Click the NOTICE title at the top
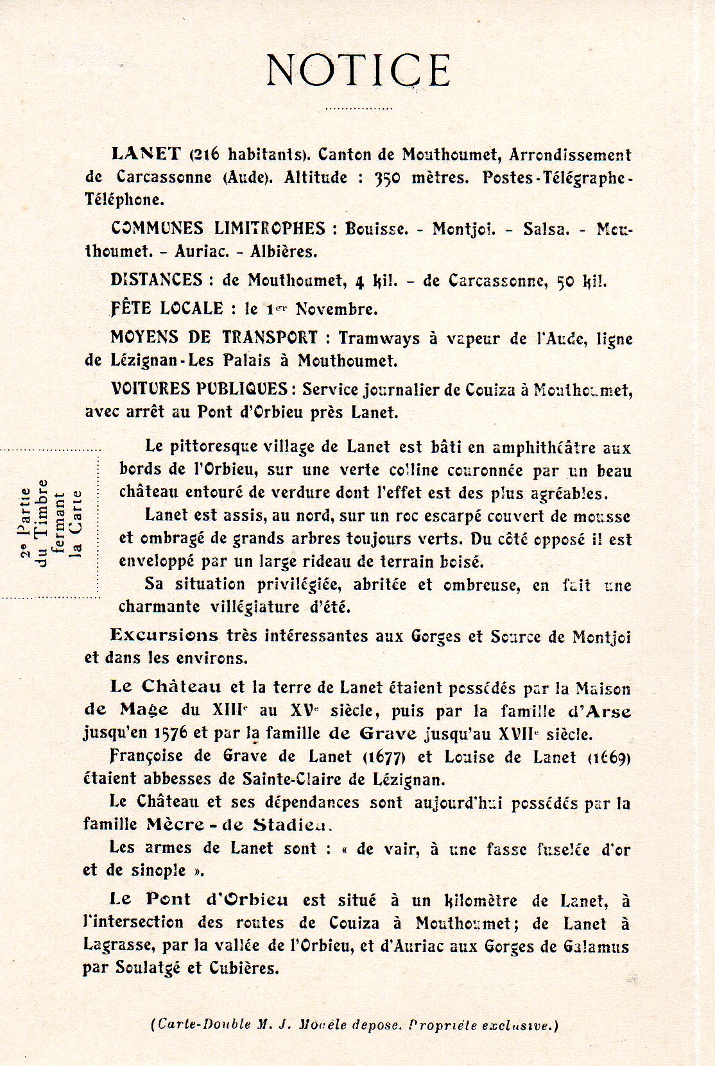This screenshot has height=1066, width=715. point(357,69)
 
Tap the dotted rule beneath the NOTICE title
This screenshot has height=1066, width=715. point(357,109)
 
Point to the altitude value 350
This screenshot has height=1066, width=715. point(387,178)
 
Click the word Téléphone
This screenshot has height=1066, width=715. point(125,199)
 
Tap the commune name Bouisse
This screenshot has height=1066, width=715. point(376,229)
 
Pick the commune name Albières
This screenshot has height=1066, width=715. point(284,252)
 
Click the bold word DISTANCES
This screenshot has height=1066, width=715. point(157,280)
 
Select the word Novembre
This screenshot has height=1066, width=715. point(336,309)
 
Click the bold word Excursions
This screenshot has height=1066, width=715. point(164,635)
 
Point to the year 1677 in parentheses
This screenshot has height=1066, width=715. point(384,757)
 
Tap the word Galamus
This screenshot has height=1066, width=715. point(596,947)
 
